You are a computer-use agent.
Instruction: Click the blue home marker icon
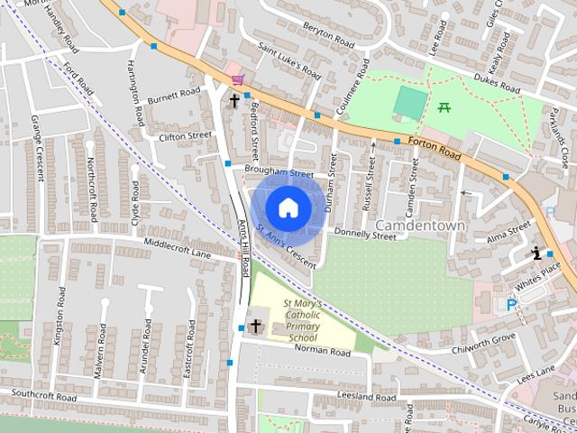288,207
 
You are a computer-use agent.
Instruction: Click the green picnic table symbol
444,108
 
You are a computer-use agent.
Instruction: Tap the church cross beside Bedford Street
234,101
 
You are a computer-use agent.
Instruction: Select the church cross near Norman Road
256,326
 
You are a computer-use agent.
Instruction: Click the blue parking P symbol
511,305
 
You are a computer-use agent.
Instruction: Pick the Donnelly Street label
365,235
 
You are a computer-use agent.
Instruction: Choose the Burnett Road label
175,93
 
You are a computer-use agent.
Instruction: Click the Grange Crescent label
38,149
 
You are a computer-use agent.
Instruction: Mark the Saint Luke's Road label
289,59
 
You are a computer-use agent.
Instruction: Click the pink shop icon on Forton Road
237,80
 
